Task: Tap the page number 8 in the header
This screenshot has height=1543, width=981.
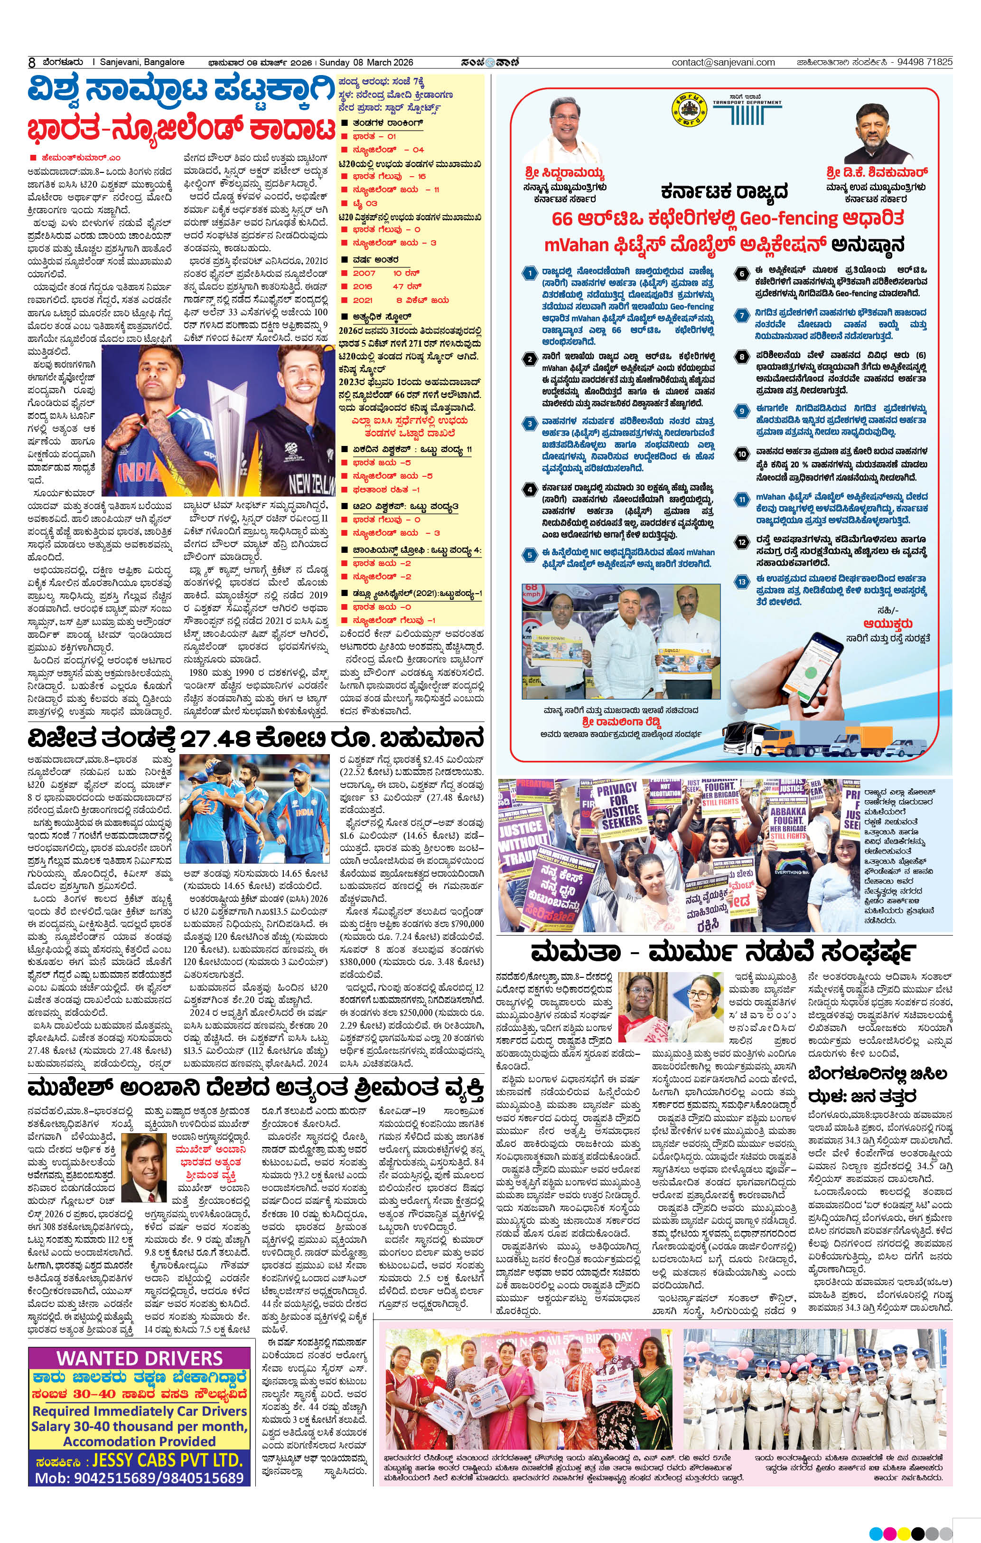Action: [31, 63]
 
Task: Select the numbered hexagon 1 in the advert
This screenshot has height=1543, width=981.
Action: [529, 274]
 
